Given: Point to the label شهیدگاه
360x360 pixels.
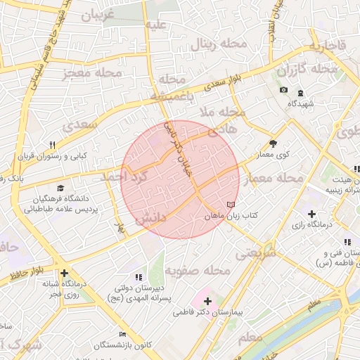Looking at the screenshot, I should click(x=301, y=103).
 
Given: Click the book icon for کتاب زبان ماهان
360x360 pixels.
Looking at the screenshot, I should click(x=231, y=205).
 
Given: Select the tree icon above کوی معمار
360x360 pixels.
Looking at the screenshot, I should click(x=274, y=141).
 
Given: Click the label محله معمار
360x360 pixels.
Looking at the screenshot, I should click(x=273, y=179).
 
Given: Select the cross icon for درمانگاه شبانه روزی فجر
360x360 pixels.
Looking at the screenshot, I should click(x=64, y=274).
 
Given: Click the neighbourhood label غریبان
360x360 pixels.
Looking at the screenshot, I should click(x=103, y=16).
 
